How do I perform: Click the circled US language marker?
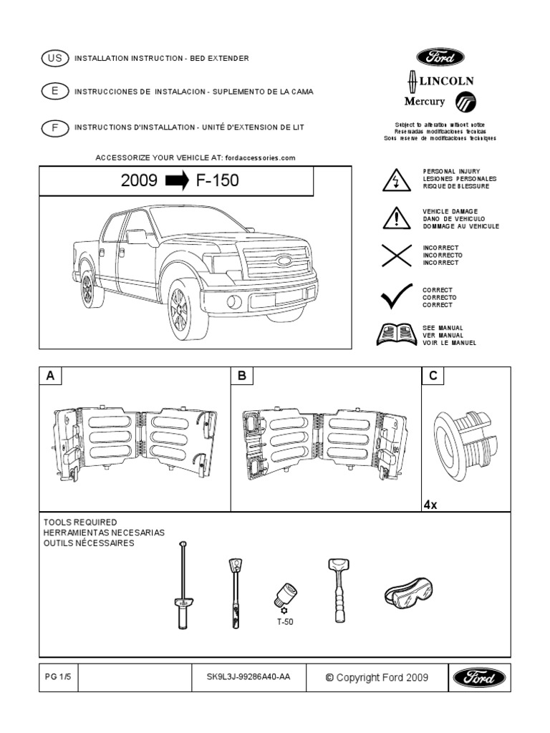(x=54, y=58)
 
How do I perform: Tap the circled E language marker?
(x=54, y=92)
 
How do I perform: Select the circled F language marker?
(x=54, y=127)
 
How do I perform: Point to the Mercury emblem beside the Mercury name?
(x=465, y=102)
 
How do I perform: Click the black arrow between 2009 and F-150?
(x=177, y=181)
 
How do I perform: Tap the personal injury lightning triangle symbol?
(x=396, y=180)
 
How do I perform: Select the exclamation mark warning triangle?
(x=396, y=217)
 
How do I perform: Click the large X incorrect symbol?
(x=396, y=255)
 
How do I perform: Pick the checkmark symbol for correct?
(x=396, y=295)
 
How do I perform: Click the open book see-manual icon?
(x=396, y=334)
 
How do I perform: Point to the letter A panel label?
(x=50, y=377)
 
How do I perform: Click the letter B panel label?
(x=241, y=377)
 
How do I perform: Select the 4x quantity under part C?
(x=430, y=505)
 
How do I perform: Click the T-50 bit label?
(x=285, y=622)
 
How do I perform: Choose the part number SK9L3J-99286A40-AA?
(x=243, y=677)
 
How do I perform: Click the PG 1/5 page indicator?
(x=54, y=677)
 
